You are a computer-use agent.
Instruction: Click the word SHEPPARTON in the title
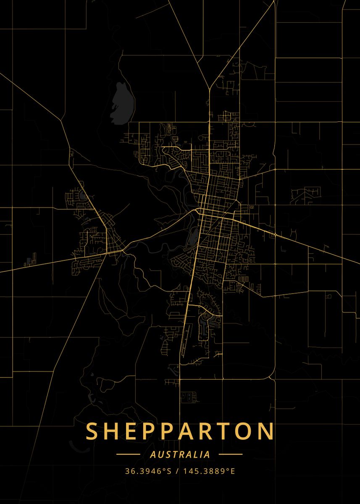tap(180, 431)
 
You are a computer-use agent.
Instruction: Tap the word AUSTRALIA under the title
tap(180, 454)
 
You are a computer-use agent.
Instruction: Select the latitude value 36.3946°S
tap(148, 471)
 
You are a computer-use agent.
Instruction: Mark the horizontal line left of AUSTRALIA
tap(128, 454)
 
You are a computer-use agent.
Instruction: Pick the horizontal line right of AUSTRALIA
tap(231, 454)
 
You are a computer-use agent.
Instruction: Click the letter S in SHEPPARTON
tap(92, 431)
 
